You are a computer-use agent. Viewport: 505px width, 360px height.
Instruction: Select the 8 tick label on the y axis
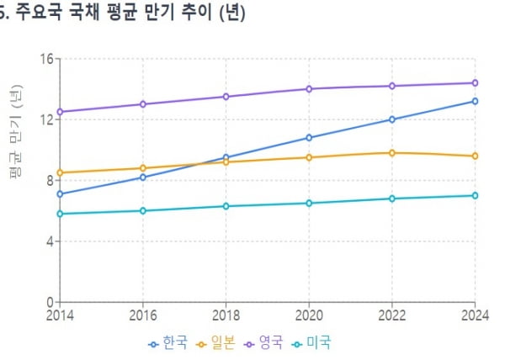pyautogui.click(x=48, y=180)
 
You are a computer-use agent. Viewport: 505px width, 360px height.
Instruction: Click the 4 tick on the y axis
pyautogui.click(x=48, y=241)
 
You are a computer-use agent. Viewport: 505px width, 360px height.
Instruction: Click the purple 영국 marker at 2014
pyautogui.click(x=61, y=112)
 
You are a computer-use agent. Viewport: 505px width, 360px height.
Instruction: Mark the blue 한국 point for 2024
pyautogui.click(x=475, y=101)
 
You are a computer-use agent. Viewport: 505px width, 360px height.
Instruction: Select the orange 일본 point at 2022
pyautogui.click(x=391, y=152)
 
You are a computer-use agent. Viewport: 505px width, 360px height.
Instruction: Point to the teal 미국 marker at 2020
pyautogui.click(x=309, y=203)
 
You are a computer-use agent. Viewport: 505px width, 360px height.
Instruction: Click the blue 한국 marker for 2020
pyautogui.click(x=309, y=137)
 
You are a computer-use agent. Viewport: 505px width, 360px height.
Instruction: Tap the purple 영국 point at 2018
pyautogui.click(x=226, y=97)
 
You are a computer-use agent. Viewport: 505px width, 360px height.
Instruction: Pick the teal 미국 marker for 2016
pyautogui.click(x=143, y=210)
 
